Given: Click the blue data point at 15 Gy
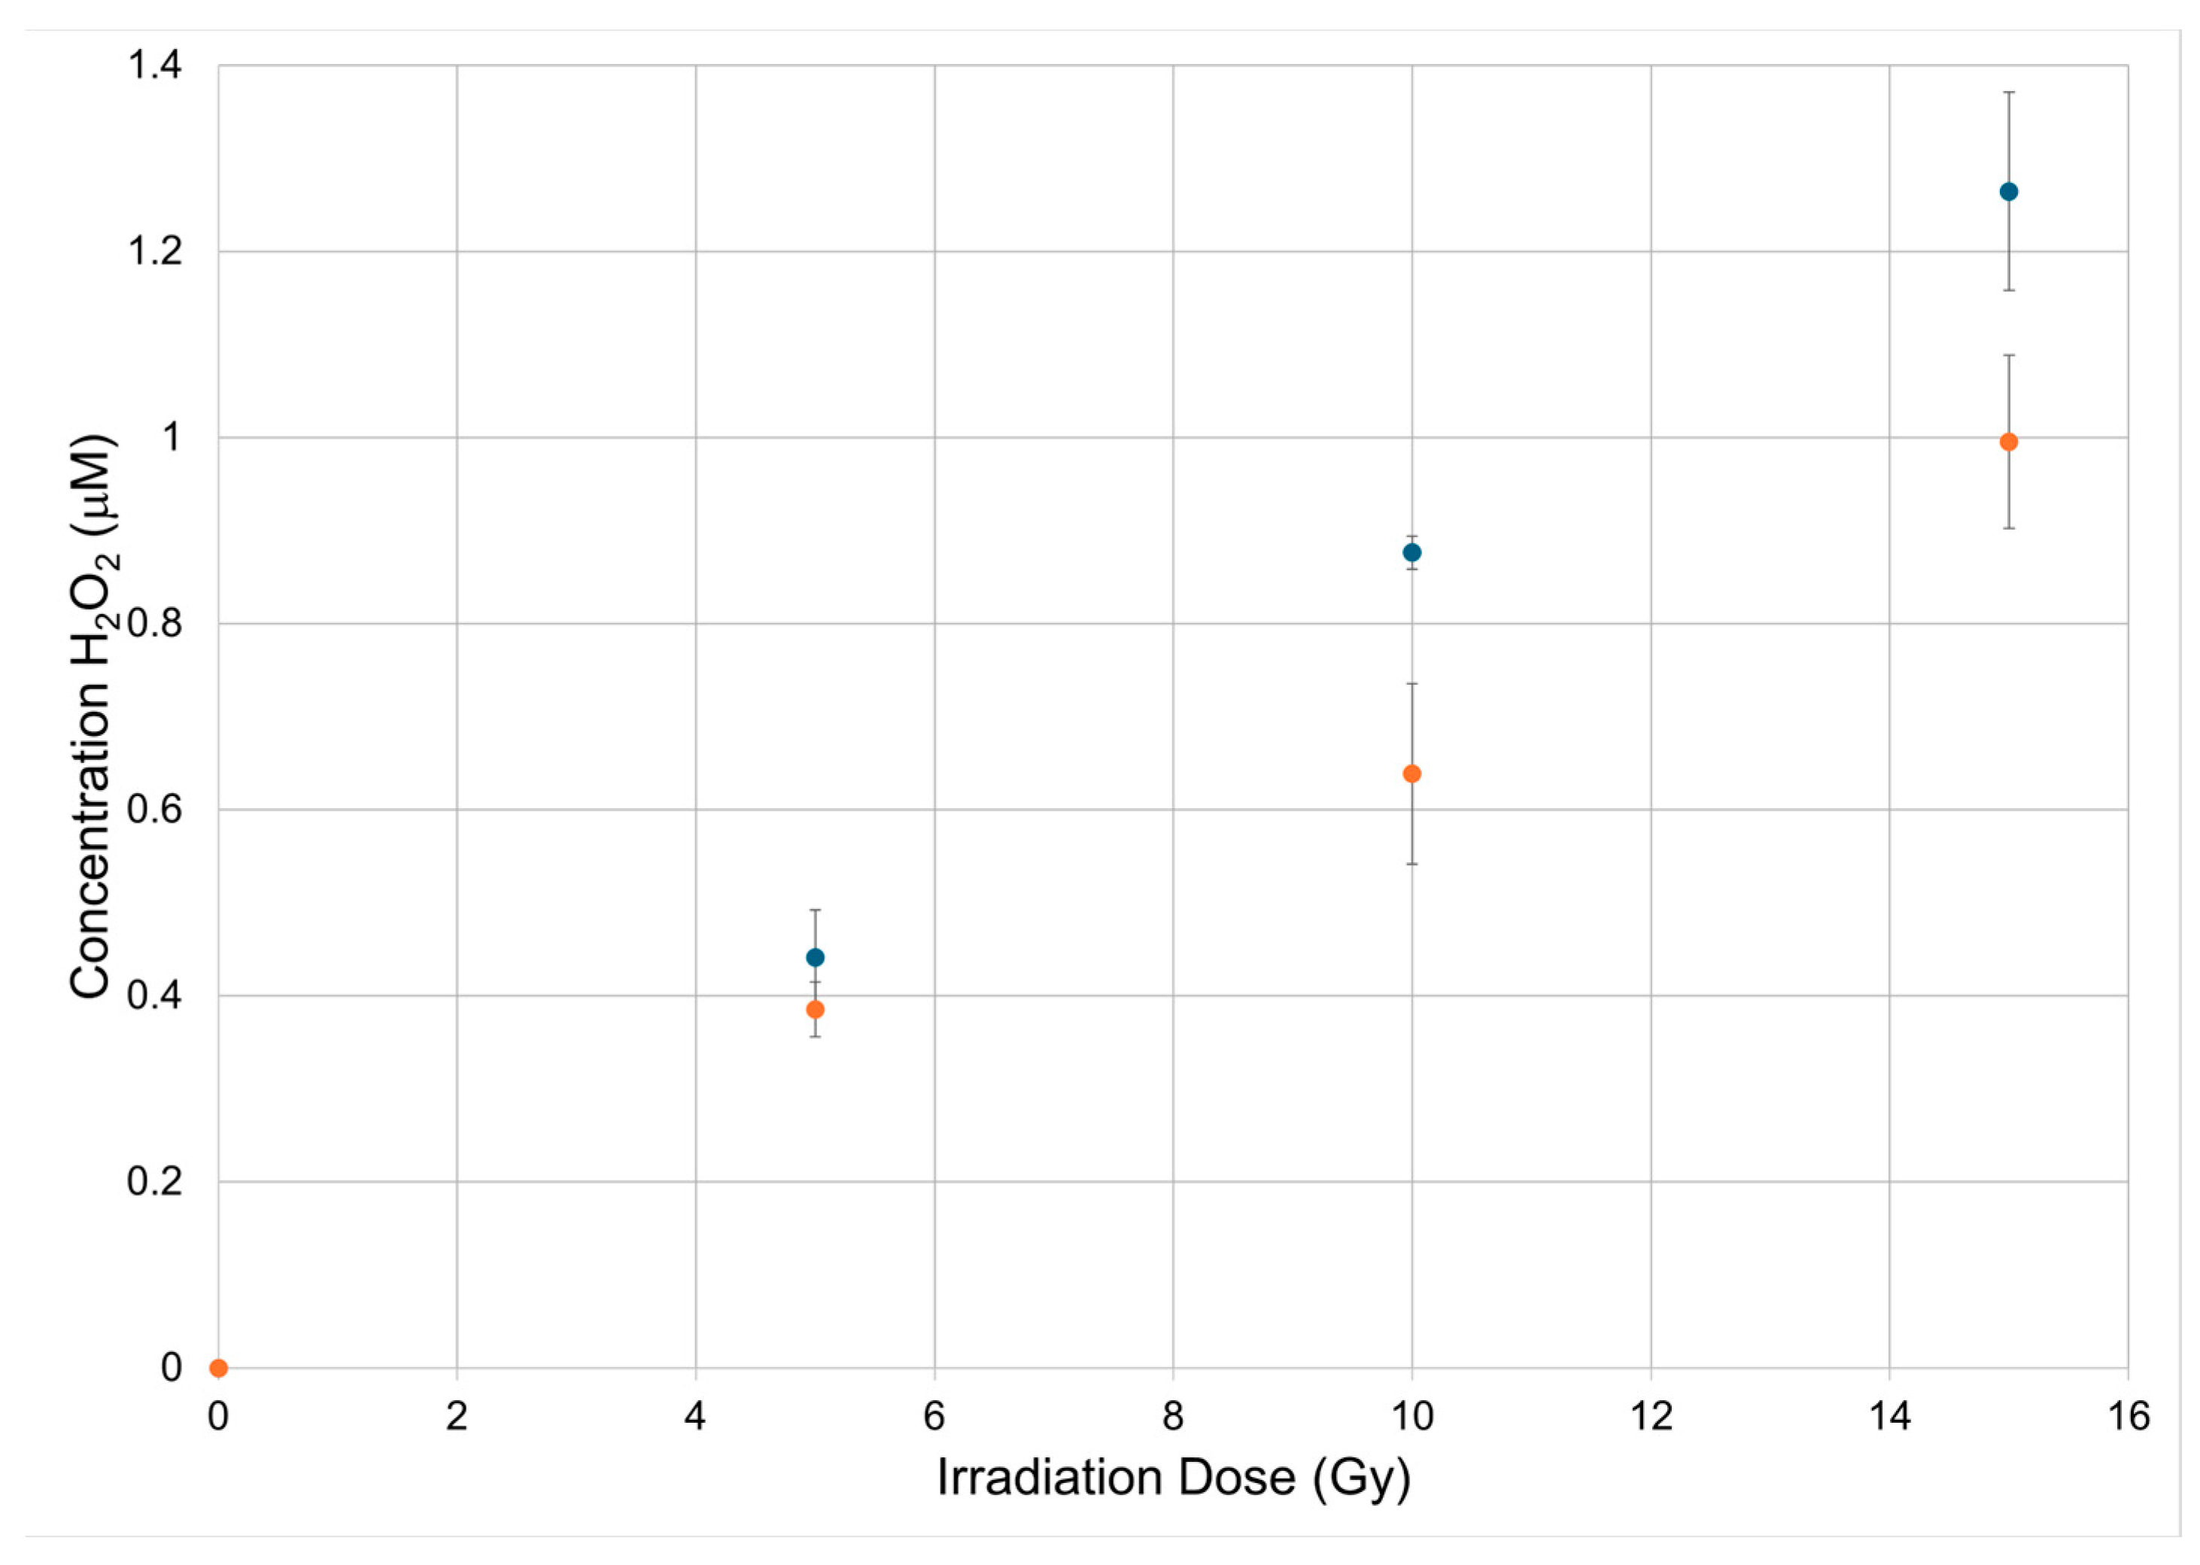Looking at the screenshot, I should tap(2008, 192).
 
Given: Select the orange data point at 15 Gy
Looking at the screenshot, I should tap(2008, 442).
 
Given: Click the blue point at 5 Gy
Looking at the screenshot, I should tap(816, 957).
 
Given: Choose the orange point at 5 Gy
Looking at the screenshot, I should tap(816, 1010).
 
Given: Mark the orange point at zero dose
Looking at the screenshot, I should tap(219, 1367).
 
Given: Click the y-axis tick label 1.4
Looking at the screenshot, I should tap(154, 65).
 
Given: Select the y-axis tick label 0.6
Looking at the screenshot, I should tap(154, 810).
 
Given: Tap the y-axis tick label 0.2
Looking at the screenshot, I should tap(154, 1181).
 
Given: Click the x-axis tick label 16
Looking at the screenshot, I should tap(2128, 1417).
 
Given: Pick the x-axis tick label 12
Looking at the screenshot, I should tap(1651, 1417).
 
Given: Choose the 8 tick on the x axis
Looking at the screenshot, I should tap(1173, 1417).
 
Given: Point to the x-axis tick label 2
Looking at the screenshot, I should tap(457, 1417).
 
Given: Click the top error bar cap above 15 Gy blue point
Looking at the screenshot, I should tap(2008, 93).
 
